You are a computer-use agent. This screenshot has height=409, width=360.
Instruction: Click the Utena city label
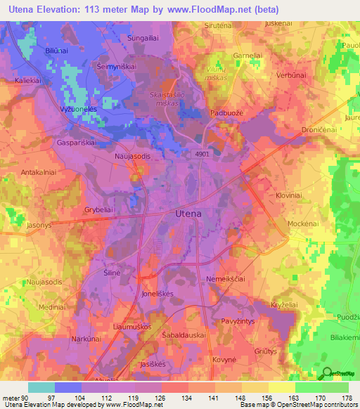(188, 213)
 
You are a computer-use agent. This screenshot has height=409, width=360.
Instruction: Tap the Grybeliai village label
(99, 209)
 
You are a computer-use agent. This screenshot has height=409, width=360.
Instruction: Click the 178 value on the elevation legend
(345, 397)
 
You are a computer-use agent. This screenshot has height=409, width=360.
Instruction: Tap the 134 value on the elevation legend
(186, 397)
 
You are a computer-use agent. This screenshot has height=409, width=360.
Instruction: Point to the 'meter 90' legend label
(15, 397)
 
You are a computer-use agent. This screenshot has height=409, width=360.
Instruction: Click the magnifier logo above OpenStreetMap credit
(327, 375)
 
